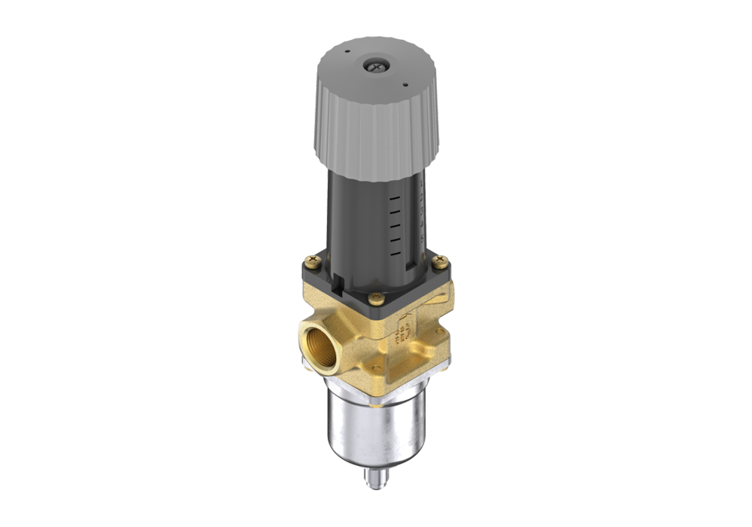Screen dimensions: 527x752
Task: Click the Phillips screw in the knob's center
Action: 374,66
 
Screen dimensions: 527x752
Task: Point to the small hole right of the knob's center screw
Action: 406,85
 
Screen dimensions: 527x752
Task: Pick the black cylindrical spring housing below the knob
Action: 368,218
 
